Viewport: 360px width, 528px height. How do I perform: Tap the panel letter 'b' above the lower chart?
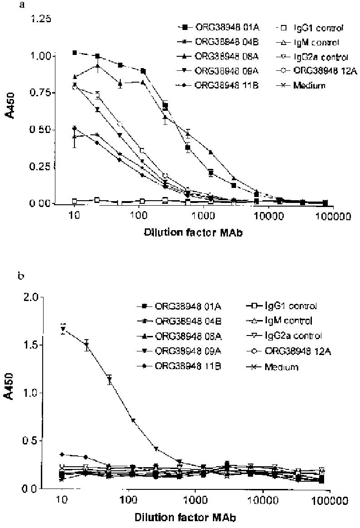point(33,275)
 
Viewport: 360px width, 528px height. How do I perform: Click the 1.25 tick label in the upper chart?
point(40,20)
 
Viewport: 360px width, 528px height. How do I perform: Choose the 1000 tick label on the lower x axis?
point(196,500)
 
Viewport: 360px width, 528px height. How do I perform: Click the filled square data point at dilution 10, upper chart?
point(75,53)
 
